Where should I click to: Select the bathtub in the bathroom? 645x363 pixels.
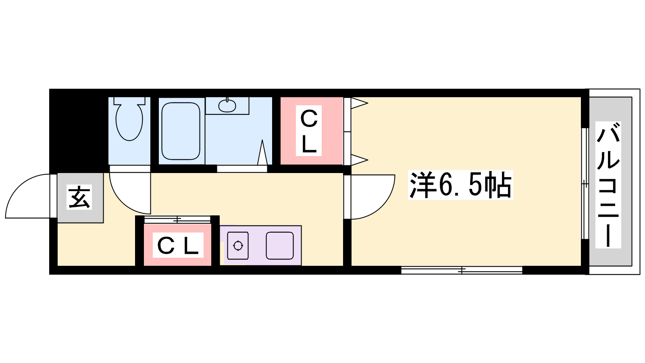pos(181,131)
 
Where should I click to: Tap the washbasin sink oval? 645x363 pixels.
pos(227,106)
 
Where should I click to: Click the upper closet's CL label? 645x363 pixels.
pos(309,131)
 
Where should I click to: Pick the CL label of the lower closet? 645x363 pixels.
pos(178,245)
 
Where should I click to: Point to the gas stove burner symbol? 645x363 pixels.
pos(238,246)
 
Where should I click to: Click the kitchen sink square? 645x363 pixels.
pos(280,246)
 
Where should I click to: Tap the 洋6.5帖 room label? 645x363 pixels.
pos(460,185)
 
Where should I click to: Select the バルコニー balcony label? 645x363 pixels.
pos(608,185)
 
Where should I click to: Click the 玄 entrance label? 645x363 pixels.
pos(79,197)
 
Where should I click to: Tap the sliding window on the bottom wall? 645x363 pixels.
pos(462,270)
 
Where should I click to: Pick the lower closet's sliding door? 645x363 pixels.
pos(177,219)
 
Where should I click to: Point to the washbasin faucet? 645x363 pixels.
pos(227,100)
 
